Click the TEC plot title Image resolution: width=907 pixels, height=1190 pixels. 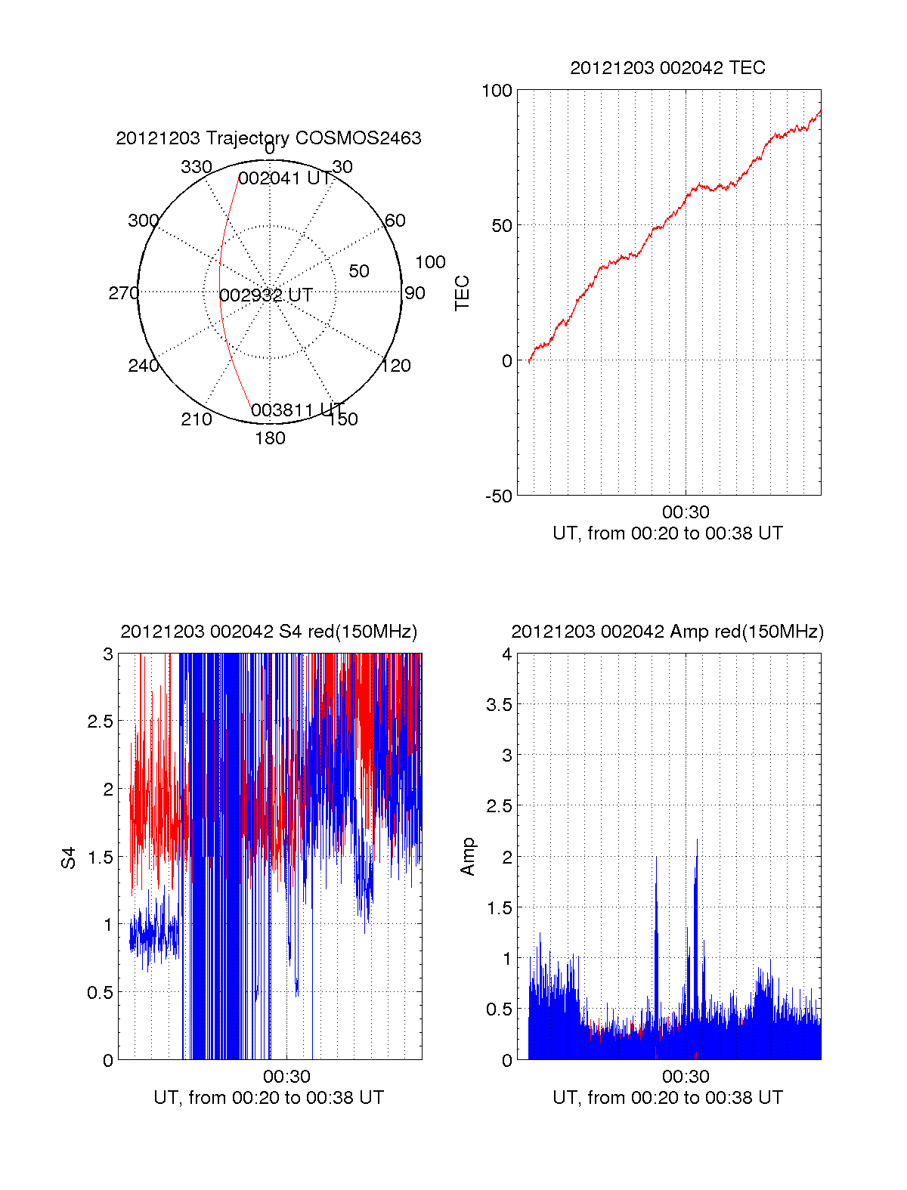click(667, 68)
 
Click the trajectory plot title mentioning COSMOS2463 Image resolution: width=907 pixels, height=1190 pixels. click(268, 138)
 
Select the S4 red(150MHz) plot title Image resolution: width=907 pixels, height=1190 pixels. click(268, 632)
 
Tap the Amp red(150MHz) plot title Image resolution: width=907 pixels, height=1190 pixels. click(667, 632)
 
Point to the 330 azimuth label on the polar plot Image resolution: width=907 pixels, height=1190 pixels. click(196, 167)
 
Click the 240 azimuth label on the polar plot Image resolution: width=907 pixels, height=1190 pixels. click(143, 366)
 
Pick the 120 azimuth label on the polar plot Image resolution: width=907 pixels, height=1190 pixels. click(396, 366)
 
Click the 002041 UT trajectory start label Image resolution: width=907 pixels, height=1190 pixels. click(285, 179)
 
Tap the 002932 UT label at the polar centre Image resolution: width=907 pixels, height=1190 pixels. click(266, 295)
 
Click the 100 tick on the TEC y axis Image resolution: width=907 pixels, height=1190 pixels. click(497, 91)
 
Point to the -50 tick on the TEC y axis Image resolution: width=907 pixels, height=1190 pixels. click(498, 496)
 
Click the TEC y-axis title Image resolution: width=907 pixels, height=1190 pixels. click(462, 293)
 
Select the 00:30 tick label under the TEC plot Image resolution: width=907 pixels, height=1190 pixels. click(686, 513)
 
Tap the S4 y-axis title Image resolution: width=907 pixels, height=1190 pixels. click(69, 858)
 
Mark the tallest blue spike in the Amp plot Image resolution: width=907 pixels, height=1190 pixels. click(696, 840)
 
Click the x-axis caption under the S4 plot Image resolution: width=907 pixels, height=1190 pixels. click(268, 1098)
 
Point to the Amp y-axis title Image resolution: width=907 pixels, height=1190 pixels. click(468, 857)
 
